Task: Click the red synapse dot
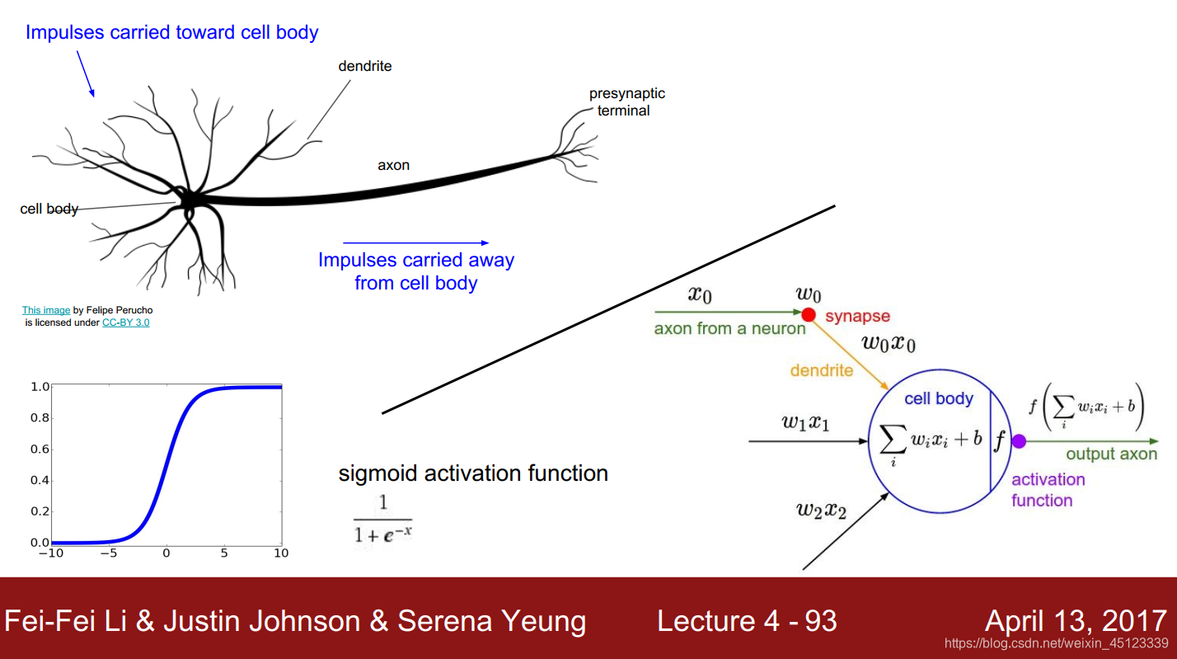click(809, 314)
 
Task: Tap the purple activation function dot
click(1019, 441)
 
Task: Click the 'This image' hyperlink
click(46, 310)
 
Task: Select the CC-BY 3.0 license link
click(125, 322)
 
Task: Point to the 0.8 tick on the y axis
click(40, 417)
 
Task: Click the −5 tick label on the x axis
click(108, 553)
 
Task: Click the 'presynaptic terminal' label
click(626, 102)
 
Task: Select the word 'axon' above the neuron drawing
click(393, 165)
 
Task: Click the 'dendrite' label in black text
click(364, 66)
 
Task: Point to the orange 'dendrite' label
click(821, 370)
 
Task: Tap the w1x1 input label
click(805, 423)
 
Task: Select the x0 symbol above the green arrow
click(701, 294)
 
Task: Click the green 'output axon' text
click(1111, 454)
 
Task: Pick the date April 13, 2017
click(1076, 621)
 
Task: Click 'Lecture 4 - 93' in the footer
click(747, 621)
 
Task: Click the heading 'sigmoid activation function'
click(473, 473)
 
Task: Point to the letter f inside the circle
click(1000, 441)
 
